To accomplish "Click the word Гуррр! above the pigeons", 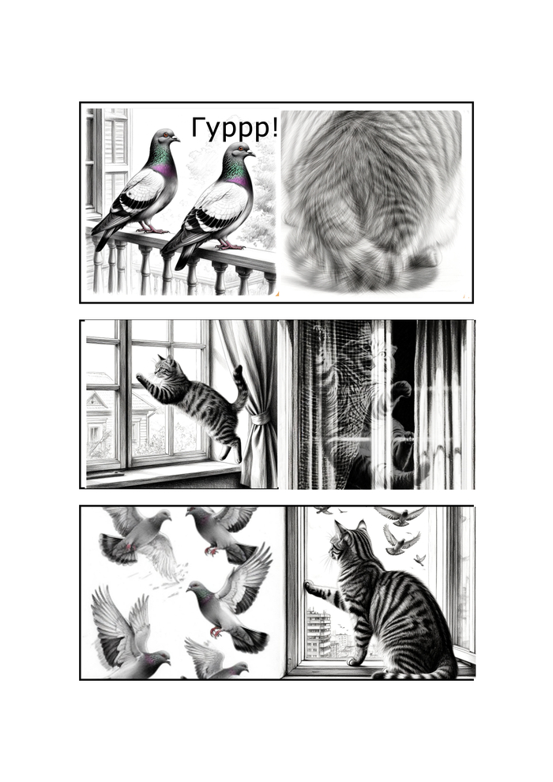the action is pyautogui.click(x=235, y=129).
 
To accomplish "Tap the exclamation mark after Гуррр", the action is pyautogui.click(x=275, y=128).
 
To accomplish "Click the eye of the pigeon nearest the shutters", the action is pyautogui.click(x=165, y=134).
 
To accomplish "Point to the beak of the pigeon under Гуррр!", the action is pyautogui.click(x=252, y=154).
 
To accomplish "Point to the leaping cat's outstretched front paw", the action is pyautogui.click(x=141, y=378).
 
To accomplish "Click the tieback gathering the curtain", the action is pyautogui.click(x=260, y=418).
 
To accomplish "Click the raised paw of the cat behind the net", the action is pyautogui.click(x=401, y=389).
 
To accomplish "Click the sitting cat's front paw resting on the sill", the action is pyautogui.click(x=353, y=661).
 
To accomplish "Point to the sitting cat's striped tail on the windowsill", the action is pyautogui.click(x=414, y=672).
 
